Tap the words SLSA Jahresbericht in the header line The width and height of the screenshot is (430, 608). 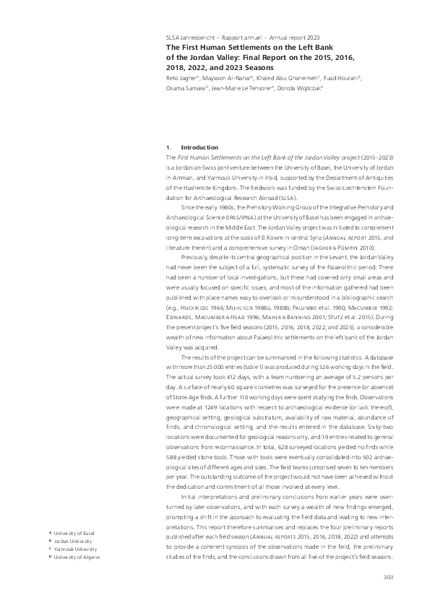[x=189, y=37]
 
